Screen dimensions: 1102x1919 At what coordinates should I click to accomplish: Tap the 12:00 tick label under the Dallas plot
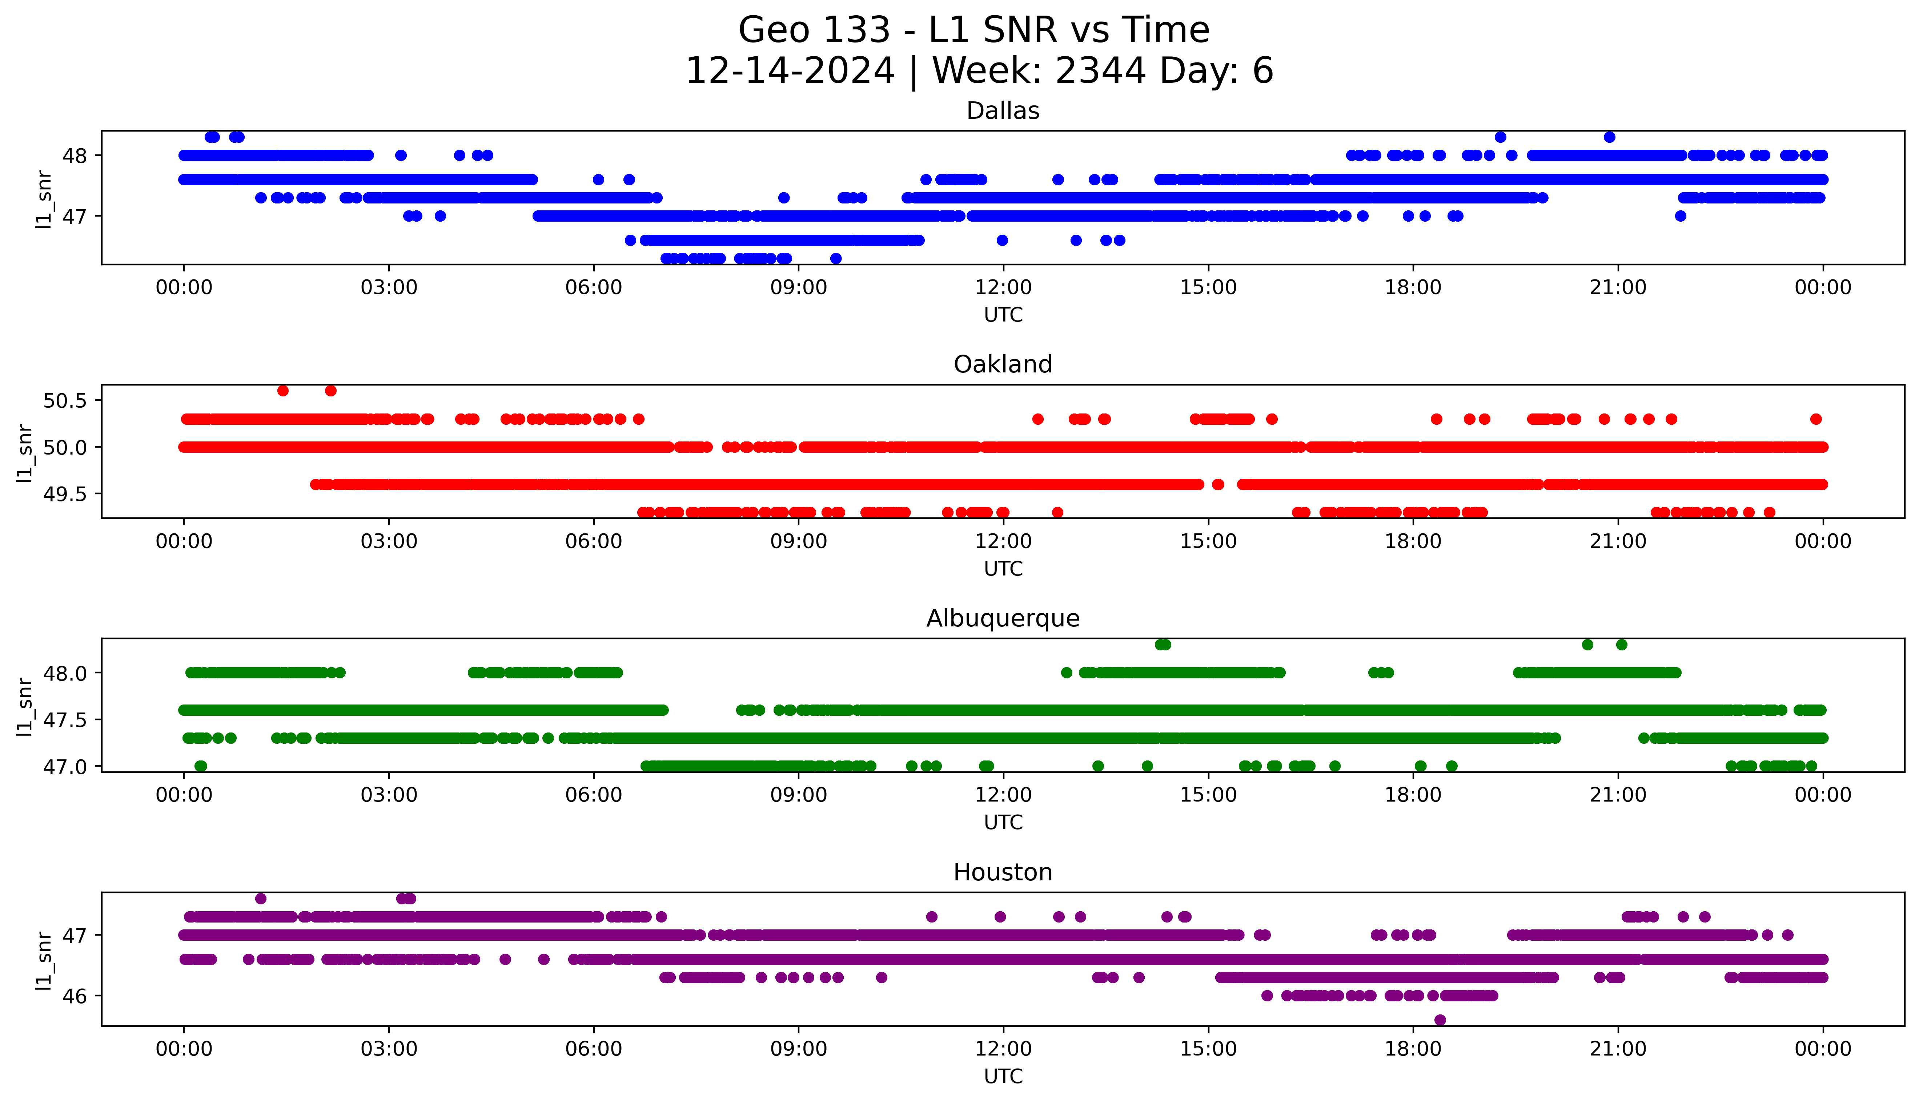[x=1003, y=288]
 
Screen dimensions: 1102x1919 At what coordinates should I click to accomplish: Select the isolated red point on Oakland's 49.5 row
[x=1217, y=484]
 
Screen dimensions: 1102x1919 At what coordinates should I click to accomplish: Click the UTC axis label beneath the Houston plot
[x=1003, y=1076]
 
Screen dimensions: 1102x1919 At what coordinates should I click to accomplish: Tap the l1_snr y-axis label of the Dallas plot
[x=44, y=199]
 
